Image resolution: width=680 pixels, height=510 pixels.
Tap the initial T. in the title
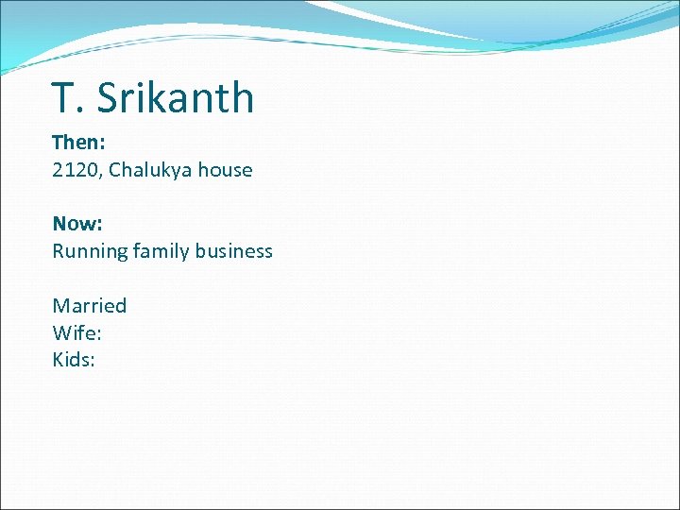click(x=64, y=98)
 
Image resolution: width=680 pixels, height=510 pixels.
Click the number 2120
click(x=74, y=171)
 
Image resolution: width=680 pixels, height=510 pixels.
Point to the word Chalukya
click(x=151, y=171)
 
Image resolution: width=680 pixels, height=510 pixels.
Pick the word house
click(x=226, y=171)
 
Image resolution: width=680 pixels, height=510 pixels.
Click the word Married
click(x=89, y=306)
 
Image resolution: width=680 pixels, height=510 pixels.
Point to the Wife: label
click(x=76, y=332)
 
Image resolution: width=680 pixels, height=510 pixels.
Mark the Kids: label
click(x=74, y=360)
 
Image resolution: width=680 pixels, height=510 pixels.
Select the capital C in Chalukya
click(x=114, y=171)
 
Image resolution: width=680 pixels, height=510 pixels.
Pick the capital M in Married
click(x=60, y=306)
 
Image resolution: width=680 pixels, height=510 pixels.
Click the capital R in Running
click(x=58, y=251)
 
